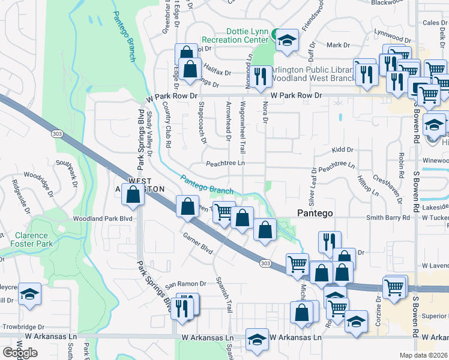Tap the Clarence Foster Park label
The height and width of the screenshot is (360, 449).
tap(31, 239)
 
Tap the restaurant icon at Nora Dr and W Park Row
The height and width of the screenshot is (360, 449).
tap(260, 76)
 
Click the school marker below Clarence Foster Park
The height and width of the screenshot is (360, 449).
tap(29, 294)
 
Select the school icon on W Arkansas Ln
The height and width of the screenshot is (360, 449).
tap(257, 339)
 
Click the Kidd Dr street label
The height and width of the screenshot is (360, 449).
tap(343, 149)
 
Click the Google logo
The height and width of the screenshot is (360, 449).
tap(20, 353)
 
